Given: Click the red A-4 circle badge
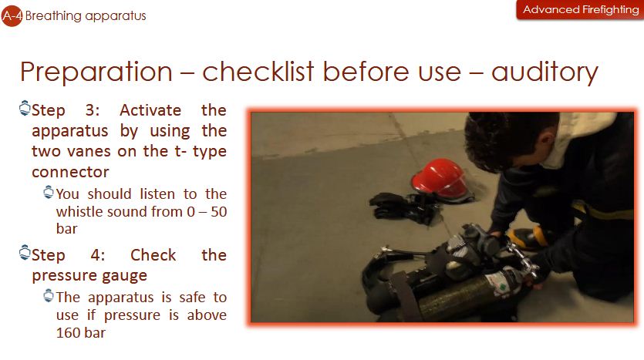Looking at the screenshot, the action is [12, 16].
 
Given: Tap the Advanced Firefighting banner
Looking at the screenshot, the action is [580, 9].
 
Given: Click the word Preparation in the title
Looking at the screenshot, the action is [96, 72].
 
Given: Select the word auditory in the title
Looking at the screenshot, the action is [545, 72].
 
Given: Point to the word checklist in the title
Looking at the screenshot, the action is [258, 72].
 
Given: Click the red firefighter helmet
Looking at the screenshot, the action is [441, 179].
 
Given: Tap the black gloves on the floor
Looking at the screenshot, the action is [405, 207].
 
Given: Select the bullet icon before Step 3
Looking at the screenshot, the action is [25, 108].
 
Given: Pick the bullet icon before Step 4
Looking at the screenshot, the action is [25, 252].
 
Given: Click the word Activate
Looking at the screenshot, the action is [150, 110].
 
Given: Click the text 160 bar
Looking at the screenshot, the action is [80, 332].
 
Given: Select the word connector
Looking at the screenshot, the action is [70, 172].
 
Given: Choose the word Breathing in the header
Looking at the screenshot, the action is [53, 16].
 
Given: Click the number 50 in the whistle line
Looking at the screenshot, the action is [218, 212].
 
